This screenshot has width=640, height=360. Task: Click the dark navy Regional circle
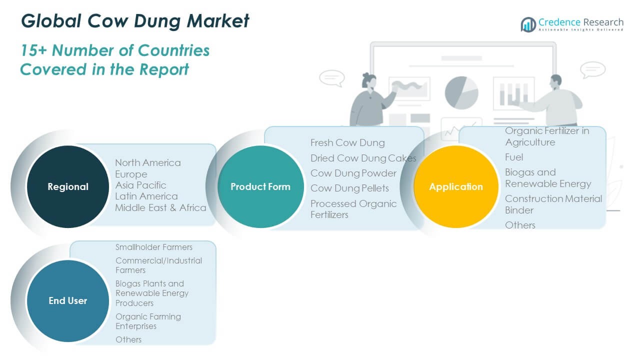click(x=67, y=186)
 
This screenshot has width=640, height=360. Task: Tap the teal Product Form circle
click(x=260, y=186)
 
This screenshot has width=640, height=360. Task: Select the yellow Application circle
click(x=456, y=186)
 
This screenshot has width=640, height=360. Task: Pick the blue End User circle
click(x=67, y=300)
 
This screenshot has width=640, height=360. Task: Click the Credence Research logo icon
click(x=528, y=24)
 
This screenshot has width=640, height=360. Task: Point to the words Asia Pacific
click(x=140, y=185)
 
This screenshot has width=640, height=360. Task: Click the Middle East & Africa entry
click(x=160, y=207)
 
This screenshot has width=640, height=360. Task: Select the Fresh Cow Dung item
click(x=347, y=143)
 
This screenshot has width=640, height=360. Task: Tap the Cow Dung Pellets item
click(x=349, y=188)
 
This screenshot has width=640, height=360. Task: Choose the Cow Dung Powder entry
click(x=353, y=173)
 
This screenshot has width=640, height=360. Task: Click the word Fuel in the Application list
click(x=514, y=157)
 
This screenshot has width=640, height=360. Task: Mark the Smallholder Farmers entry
click(x=154, y=247)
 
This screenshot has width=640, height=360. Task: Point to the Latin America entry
click(x=146, y=196)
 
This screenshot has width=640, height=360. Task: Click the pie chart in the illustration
click(x=461, y=92)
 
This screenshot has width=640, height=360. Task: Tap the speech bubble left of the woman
click(x=331, y=78)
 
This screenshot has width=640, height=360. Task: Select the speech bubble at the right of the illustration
click(x=593, y=69)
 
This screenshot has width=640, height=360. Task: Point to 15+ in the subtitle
click(x=34, y=50)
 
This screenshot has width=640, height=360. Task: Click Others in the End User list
click(x=128, y=339)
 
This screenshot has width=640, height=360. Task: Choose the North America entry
click(x=148, y=162)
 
